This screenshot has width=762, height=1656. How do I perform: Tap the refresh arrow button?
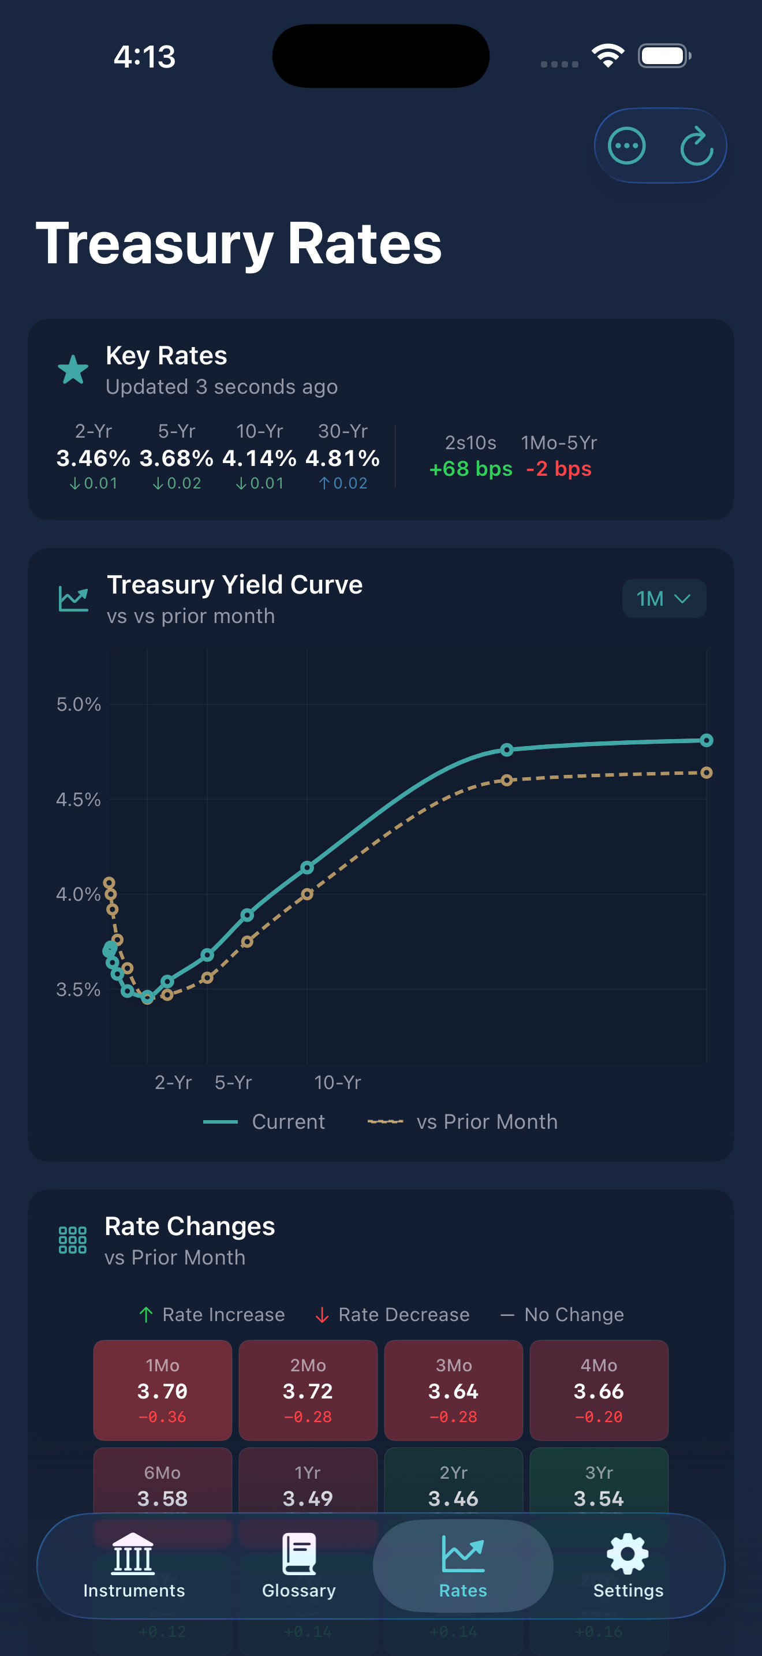(696, 147)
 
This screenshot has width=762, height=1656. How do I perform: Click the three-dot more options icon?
(626, 147)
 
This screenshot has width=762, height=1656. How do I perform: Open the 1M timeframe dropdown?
(664, 599)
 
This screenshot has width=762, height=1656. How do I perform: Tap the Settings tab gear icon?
(627, 1554)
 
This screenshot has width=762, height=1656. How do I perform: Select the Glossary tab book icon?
(300, 1554)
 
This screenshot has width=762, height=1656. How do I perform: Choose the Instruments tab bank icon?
(134, 1554)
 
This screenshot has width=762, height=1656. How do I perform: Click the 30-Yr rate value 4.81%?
(342, 458)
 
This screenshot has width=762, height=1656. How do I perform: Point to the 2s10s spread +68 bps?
(471, 469)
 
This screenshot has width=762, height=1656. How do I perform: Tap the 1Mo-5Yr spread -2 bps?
(558, 469)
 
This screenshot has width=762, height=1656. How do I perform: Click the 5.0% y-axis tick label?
(79, 704)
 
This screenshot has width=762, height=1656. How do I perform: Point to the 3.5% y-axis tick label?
(79, 989)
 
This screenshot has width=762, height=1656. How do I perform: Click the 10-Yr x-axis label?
(337, 1083)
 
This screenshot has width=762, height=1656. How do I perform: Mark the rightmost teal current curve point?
(706, 741)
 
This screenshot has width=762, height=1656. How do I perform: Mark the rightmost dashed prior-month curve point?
(706, 773)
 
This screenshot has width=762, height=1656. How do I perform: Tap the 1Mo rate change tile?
(163, 1390)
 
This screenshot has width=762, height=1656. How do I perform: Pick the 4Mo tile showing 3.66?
(599, 1390)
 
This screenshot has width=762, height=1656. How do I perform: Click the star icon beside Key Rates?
(73, 370)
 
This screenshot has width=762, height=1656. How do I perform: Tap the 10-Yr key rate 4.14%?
(260, 458)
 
